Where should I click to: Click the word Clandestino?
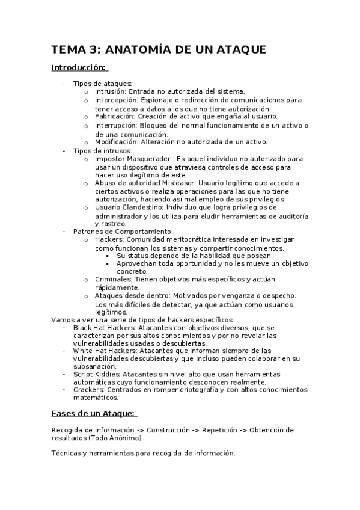pos(147,207)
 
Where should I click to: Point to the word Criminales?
pos(113,280)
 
